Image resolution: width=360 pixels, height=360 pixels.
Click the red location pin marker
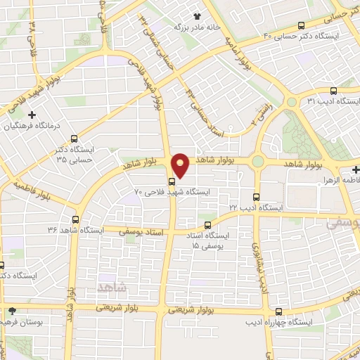point(181,165)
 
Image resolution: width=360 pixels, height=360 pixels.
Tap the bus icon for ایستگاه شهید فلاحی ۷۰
point(172,180)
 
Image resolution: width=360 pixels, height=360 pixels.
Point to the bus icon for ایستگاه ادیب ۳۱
point(334,91)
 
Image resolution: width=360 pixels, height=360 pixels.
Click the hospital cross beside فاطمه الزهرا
point(356,169)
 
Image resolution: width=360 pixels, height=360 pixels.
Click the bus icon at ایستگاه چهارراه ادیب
point(280,311)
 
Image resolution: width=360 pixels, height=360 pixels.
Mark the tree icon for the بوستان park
point(12,311)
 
